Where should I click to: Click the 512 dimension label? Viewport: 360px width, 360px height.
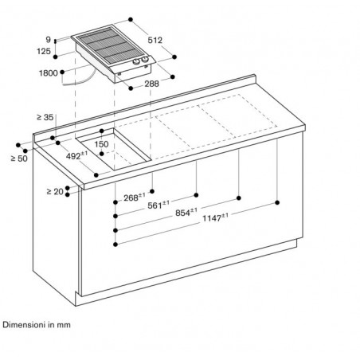(155, 40)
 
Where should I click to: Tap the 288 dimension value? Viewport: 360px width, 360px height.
(151, 84)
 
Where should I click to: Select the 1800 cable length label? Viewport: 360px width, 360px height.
(49, 73)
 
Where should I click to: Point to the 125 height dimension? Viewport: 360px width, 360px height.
(44, 51)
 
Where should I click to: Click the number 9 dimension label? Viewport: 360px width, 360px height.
(48, 40)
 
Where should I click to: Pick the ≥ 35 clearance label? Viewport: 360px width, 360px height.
(45, 117)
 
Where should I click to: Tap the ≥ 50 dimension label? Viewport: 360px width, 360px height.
(19, 158)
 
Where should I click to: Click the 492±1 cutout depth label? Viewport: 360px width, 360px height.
(76, 155)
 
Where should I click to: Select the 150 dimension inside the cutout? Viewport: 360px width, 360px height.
(101, 144)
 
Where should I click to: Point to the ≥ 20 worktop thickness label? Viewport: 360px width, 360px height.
(55, 191)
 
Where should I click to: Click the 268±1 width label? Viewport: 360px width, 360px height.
(135, 198)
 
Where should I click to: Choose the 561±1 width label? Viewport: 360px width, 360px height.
(158, 205)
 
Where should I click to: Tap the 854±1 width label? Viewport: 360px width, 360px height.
(186, 212)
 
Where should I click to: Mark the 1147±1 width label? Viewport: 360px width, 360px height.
(215, 218)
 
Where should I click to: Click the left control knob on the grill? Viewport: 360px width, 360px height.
(136, 62)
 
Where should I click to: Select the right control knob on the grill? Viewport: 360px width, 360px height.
(145, 60)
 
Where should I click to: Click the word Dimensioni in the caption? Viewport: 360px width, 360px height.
(24, 325)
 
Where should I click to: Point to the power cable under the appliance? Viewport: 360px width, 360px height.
(80, 80)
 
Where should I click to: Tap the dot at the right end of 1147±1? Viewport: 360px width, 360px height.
(277, 202)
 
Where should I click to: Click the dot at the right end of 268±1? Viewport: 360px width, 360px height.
(152, 191)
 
